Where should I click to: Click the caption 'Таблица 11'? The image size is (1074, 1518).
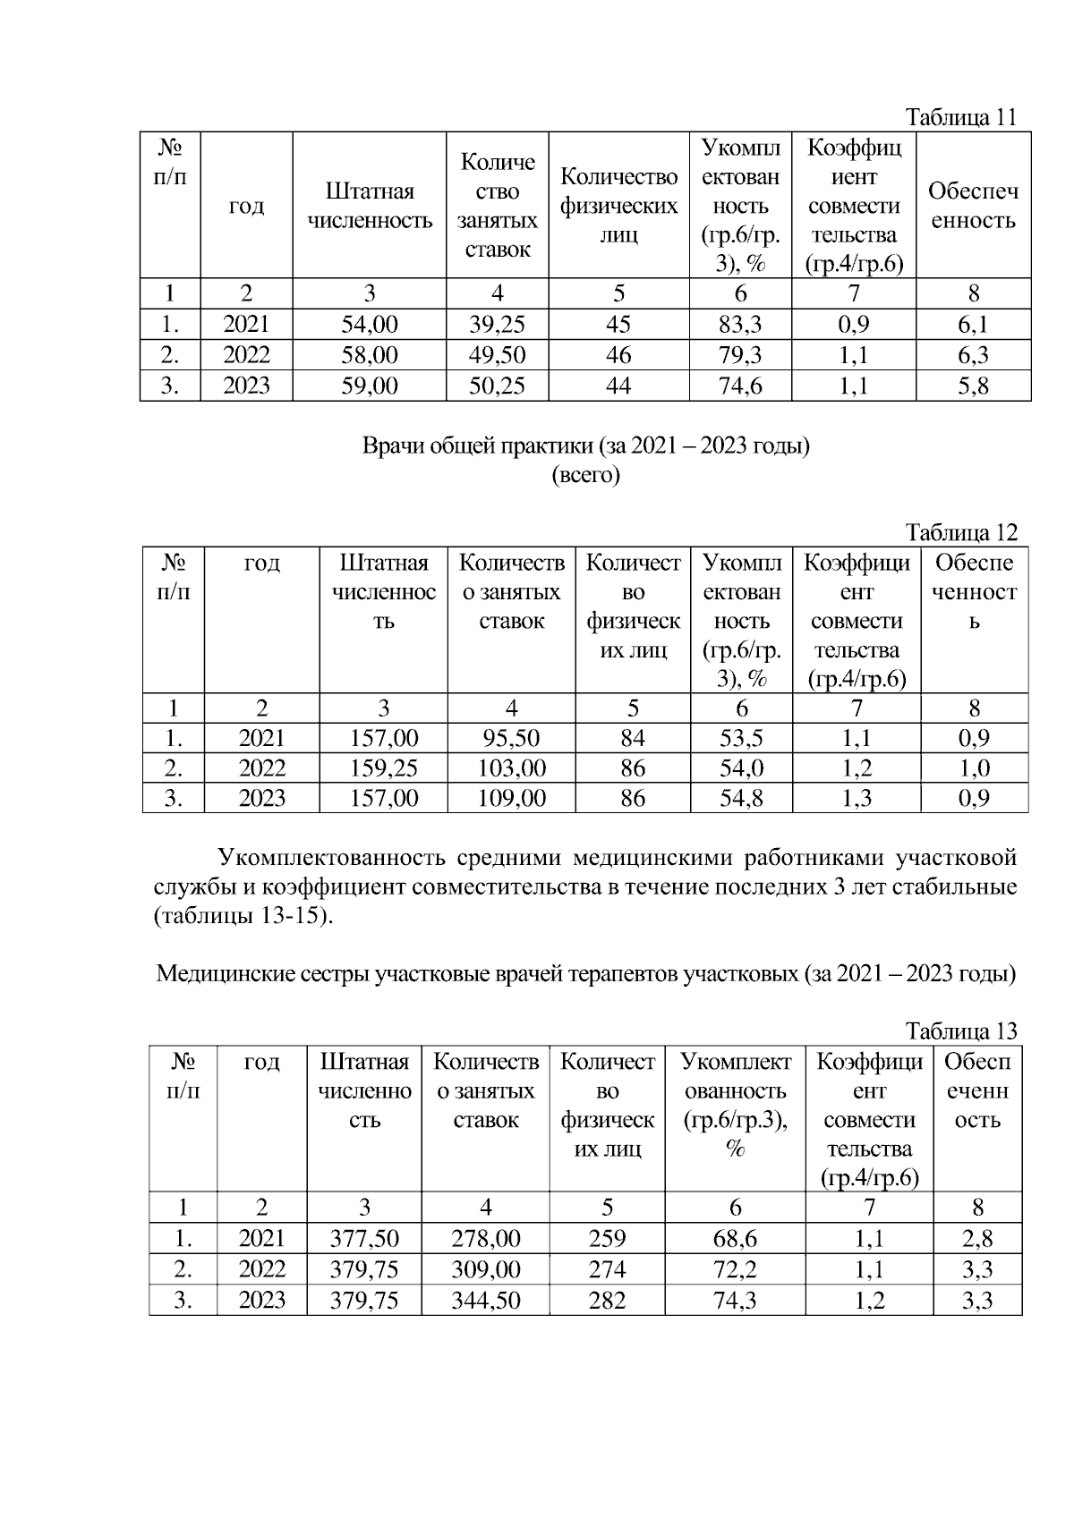pyautogui.click(x=961, y=117)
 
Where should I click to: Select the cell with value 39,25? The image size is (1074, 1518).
pyautogui.click(x=497, y=324)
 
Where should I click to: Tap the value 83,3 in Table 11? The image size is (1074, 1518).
pyautogui.click(x=740, y=324)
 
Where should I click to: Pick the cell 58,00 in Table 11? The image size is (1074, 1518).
pyautogui.click(x=369, y=355)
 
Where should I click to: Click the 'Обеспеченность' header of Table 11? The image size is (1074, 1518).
pyautogui.click(x=973, y=206)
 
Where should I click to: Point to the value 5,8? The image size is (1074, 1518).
pyautogui.click(x=973, y=386)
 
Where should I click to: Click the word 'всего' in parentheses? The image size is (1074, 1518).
pyautogui.click(x=585, y=475)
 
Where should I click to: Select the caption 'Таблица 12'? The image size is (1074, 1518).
pyautogui.click(x=961, y=533)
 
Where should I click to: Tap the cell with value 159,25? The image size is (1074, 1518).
pyautogui.click(x=383, y=768)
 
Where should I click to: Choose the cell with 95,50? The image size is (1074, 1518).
pyautogui.click(x=511, y=738)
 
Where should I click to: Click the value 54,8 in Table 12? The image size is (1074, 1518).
pyautogui.click(x=741, y=798)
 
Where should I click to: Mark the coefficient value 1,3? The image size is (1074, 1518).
pyautogui.click(x=857, y=798)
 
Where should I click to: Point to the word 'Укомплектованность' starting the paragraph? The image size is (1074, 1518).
pyautogui.click(x=332, y=859)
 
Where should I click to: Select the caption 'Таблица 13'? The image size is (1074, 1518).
pyautogui.click(x=961, y=1031)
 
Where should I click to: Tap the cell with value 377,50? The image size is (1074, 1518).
pyautogui.click(x=364, y=1239)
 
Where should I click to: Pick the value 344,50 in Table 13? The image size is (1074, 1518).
pyautogui.click(x=485, y=1301)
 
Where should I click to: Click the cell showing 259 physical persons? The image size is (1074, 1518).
pyautogui.click(x=607, y=1239)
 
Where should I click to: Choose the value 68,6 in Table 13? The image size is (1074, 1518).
pyautogui.click(x=735, y=1239)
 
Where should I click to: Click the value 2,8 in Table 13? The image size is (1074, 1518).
pyautogui.click(x=977, y=1239)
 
